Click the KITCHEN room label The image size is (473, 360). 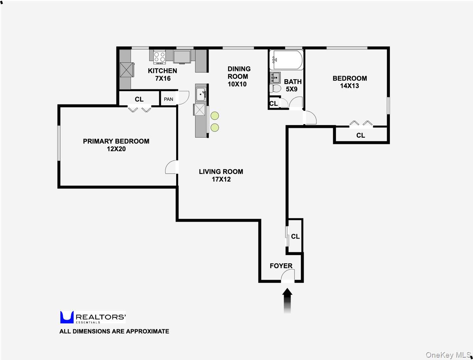pyautogui.click(x=162, y=71)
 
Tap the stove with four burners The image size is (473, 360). pyautogui.click(x=159, y=57)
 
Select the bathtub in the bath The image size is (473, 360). pyautogui.click(x=286, y=60)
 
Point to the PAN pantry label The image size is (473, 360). pyautogui.click(x=169, y=99)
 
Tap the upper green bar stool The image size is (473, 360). pyautogui.click(x=214, y=116)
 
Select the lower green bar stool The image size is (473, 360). pyautogui.click(x=214, y=127)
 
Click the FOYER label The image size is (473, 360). pyautogui.click(x=281, y=266)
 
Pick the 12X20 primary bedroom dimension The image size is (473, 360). pyautogui.click(x=116, y=149)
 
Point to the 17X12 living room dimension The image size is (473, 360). pyautogui.click(x=221, y=179)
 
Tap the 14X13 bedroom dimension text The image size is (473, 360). pyautogui.click(x=349, y=86)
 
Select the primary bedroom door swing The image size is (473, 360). pyautogui.click(x=171, y=167)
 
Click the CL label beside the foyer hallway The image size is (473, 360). pyautogui.click(x=295, y=237)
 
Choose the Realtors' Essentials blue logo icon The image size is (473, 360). pyautogui.click(x=67, y=317)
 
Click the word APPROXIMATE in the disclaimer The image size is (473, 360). pyautogui.click(x=147, y=331)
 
